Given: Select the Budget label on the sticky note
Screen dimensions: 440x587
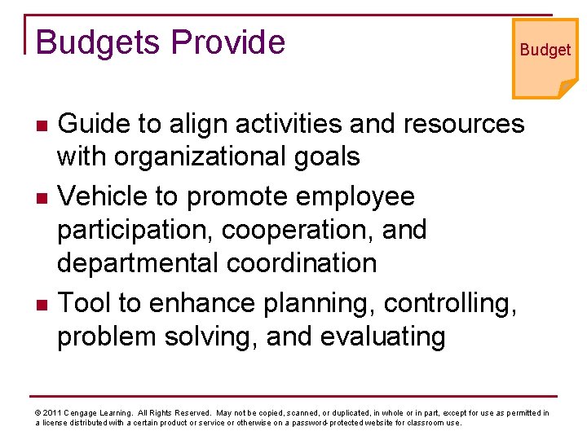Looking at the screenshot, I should point(545,50).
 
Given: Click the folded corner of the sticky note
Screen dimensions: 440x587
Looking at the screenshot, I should point(567,88).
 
